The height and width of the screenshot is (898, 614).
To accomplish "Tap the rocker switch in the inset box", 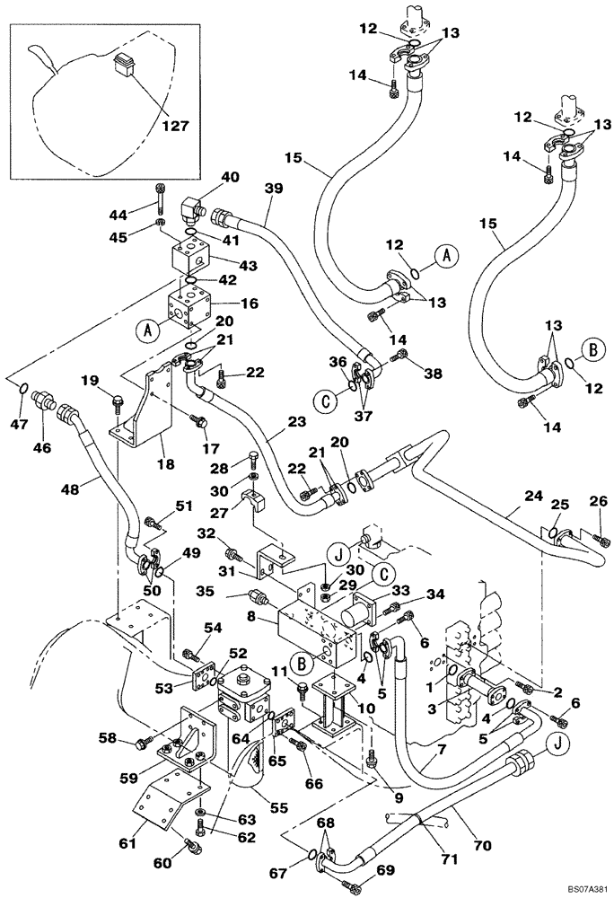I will [124, 64].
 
